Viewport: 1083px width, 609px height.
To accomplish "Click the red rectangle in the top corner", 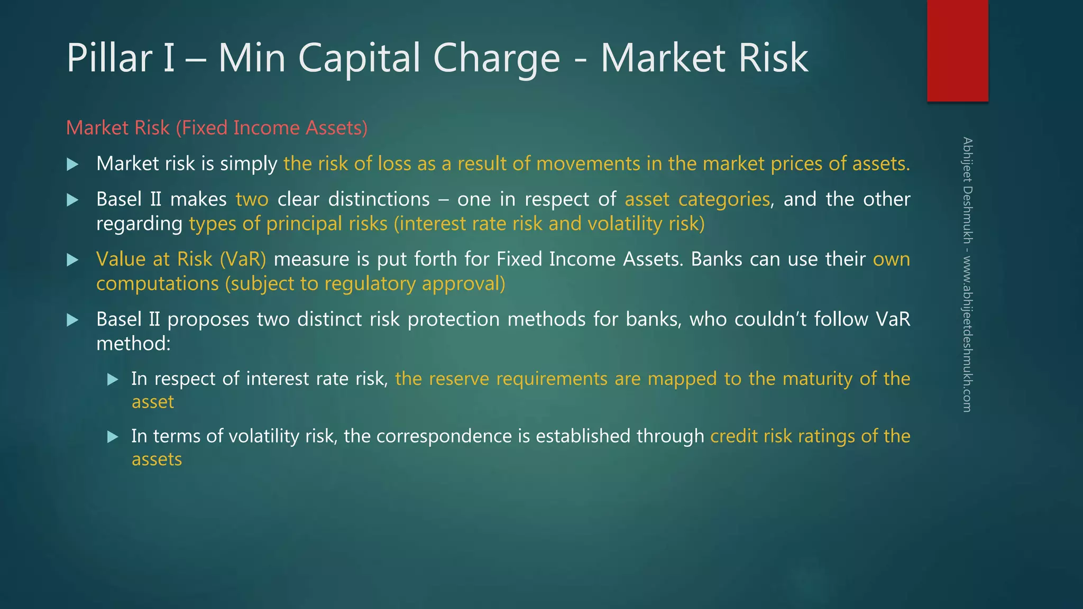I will [957, 50].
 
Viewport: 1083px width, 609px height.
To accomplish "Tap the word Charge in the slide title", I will [496, 58].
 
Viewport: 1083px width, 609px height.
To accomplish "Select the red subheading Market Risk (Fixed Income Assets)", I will [216, 128].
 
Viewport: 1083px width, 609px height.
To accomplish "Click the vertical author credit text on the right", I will [967, 274].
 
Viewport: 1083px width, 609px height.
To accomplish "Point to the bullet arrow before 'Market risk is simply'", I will [73, 164].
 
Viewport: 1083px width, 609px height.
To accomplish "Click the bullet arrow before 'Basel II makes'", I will [73, 200].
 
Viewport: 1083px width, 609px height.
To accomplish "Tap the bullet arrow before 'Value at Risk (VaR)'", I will [73, 260].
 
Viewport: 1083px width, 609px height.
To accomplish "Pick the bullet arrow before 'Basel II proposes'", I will [73, 320].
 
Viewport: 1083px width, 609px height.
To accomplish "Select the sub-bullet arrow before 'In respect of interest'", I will [113, 379].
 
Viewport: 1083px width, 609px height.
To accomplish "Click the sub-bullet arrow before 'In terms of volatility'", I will [113, 437].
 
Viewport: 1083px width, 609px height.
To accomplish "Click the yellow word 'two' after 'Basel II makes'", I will [252, 200].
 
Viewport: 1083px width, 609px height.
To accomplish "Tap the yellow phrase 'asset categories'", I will [697, 200].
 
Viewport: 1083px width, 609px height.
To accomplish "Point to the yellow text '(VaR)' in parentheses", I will [243, 259].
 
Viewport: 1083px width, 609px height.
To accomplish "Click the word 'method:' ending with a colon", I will [133, 344].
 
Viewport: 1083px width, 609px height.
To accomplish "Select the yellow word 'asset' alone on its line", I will [152, 402].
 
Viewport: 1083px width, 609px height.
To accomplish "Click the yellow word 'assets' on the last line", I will [157, 459].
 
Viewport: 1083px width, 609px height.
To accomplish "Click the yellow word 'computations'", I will [157, 284].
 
